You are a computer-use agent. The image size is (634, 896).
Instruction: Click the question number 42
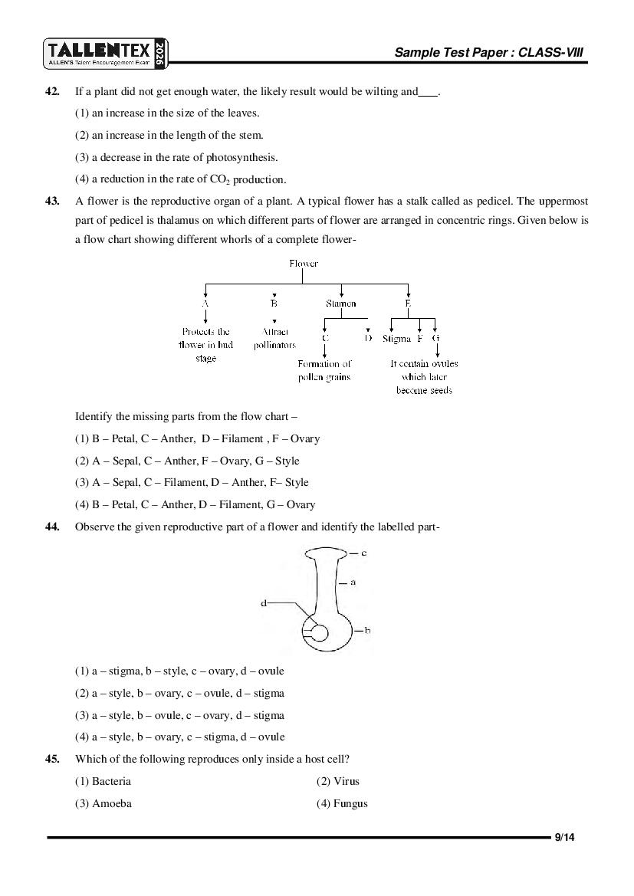click(x=52, y=92)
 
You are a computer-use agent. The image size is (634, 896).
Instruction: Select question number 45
click(x=52, y=760)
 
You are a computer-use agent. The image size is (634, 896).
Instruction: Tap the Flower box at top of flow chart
click(x=304, y=264)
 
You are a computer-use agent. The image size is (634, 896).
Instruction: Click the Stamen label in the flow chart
click(x=340, y=304)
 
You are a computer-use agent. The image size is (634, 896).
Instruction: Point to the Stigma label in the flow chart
click(x=396, y=338)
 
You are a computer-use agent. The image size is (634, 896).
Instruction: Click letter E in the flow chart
click(x=408, y=304)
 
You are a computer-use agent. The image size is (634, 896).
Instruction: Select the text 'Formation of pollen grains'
click(x=324, y=371)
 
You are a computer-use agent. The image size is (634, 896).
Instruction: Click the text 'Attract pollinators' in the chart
click(x=274, y=339)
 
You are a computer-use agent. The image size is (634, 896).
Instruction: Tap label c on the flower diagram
click(x=363, y=553)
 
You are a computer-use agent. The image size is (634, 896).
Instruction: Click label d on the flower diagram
click(x=264, y=603)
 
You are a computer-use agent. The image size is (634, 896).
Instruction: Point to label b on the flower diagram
click(x=367, y=631)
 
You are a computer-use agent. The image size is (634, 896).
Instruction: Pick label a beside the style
click(x=353, y=583)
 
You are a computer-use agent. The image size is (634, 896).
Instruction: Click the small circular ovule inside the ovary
click(x=319, y=633)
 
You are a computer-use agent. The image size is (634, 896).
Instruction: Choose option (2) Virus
click(x=338, y=782)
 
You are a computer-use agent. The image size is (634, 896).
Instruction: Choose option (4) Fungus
click(x=342, y=804)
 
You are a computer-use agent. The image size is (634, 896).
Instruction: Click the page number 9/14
click(x=564, y=838)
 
